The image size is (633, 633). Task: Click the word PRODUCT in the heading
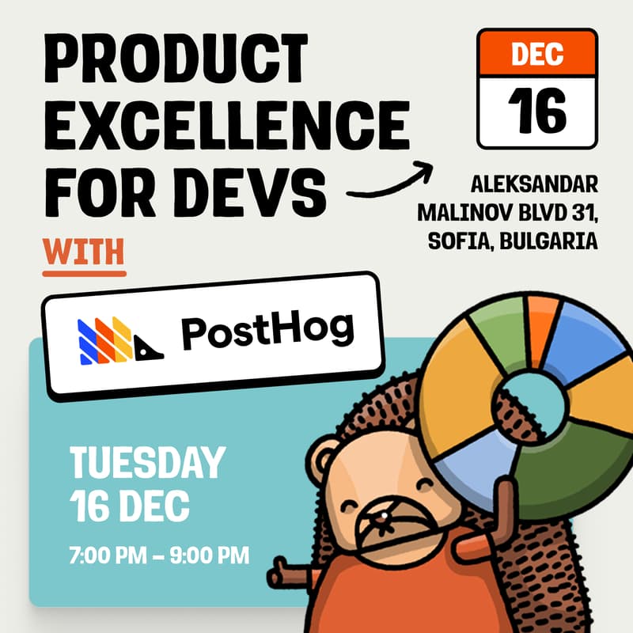click(x=173, y=58)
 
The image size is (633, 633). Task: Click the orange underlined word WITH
click(x=84, y=250)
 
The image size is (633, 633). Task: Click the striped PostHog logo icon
click(x=119, y=339)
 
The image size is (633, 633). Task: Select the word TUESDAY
click(x=148, y=463)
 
